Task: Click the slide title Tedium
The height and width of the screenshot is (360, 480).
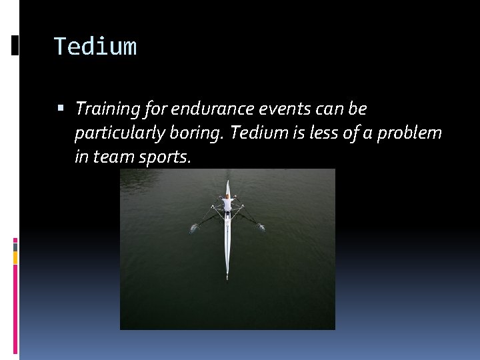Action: click(95, 47)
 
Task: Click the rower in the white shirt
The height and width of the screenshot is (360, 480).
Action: click(227, 203)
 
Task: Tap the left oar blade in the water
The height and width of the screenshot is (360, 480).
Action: click(193, 228)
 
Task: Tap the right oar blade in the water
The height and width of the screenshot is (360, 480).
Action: click(261, 227)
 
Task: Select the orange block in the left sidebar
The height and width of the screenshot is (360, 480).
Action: click(15, 257)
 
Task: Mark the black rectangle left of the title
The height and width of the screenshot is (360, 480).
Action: click(15, 46)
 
